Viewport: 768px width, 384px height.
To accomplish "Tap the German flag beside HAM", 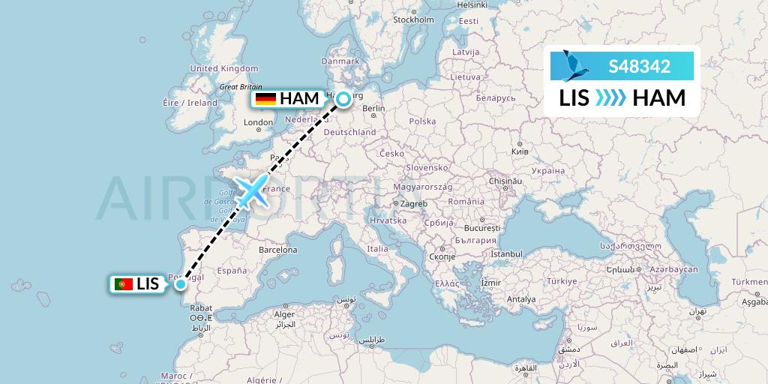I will tap(265, 99).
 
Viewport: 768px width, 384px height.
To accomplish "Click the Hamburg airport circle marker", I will tap(343, 98).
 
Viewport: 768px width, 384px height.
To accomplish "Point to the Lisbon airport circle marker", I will tap(181, 283).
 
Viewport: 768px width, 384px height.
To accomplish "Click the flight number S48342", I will tap(640, 66).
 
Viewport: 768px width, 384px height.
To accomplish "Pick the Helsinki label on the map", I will tap(472, 4).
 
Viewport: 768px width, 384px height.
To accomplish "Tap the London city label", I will tap(259, 122).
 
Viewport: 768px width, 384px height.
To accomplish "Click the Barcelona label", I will tap(279, 249).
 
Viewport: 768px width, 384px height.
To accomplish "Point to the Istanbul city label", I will tap(507, 253).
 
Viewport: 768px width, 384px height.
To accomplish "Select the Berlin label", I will tap(373, 109).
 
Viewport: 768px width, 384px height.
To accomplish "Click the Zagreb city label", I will tap(412, 203).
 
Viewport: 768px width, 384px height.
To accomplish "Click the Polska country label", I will tap(422, 121).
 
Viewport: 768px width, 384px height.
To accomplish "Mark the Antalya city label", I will tap(521, 299).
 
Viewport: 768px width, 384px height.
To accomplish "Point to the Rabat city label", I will tap(201, 307).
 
